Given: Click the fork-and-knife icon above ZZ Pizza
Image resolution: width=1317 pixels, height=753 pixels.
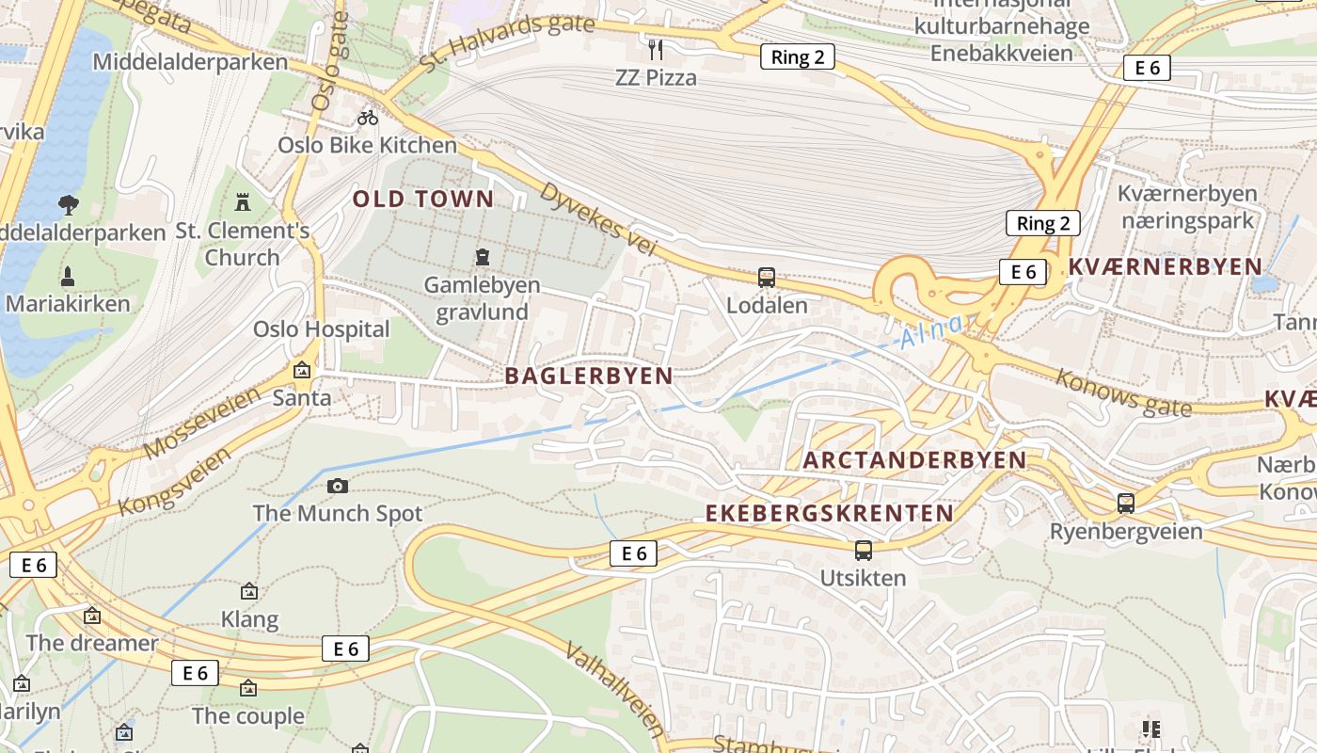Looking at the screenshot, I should click(x=656, y=49).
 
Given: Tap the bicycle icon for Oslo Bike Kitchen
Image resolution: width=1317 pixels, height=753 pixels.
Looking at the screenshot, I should click(x=368, y=118).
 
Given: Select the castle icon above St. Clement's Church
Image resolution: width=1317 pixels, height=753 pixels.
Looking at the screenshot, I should click(x=244, y=201).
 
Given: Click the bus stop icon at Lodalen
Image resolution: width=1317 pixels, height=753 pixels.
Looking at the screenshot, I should click(x=767, y=278).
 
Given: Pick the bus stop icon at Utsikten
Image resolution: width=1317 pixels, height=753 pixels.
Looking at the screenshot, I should click(x=863, y=550).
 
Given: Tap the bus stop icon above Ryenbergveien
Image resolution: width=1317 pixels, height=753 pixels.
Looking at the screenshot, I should click(x=1126, y=503).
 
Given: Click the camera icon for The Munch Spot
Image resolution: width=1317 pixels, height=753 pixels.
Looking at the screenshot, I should click(x=338, y=486).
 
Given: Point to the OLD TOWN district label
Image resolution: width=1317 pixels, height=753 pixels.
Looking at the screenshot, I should click(x=423, y=199).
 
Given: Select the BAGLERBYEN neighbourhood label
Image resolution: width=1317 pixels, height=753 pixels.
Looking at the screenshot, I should click(x=589, y=376).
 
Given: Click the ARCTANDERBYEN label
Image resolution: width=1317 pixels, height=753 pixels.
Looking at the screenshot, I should click(x=914, y=460).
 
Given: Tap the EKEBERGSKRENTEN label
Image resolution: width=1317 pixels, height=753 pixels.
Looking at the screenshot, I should click(x=830, y=513).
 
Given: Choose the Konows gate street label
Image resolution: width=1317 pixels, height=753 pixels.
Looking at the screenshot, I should click(x=1123, y=393).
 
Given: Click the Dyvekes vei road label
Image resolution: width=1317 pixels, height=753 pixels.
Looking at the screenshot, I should click(x=596, y=219).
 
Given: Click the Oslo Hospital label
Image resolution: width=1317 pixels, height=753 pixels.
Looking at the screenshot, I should click(x=321, y=328).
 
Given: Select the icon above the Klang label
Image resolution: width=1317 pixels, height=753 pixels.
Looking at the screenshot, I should click(x=249, y=592).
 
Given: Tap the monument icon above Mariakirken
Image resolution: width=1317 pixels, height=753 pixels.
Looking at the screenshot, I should click(x=68, y=277).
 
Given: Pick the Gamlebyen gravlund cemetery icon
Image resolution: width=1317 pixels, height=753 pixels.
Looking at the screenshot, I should click(x=483, y=257).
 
